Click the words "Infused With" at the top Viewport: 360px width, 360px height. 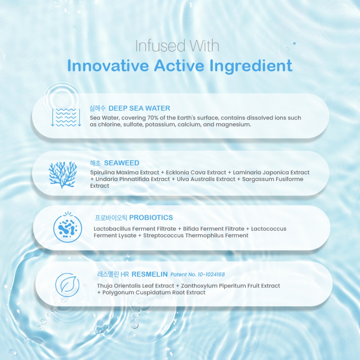(177, 46)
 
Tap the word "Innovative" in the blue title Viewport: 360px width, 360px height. (108, 66)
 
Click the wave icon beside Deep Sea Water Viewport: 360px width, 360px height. (66, 117)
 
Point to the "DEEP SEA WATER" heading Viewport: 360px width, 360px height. (139, 108)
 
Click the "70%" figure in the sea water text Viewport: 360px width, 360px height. (153, 118)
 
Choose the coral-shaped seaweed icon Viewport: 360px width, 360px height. (63, 175)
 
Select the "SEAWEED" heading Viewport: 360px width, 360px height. (122, 163)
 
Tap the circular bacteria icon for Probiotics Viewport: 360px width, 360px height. (67, 228)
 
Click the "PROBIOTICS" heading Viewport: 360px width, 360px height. (151, 217)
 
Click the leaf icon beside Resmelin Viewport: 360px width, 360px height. (67, 285)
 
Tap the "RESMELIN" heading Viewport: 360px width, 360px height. (150, 274)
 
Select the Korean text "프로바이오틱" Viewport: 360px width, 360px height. (111, 217)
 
